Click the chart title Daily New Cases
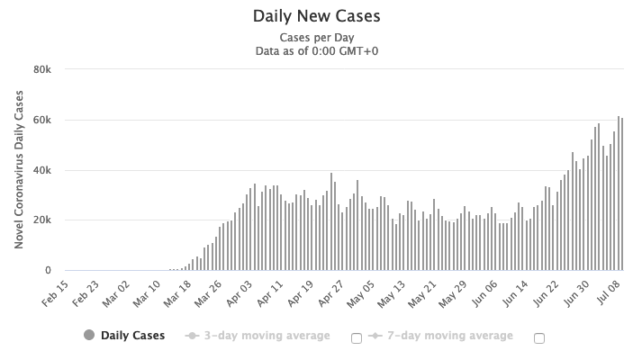point(317,16)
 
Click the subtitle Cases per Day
point(317,39)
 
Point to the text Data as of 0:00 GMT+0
point(317,51)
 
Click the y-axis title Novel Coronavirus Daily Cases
point(19,171)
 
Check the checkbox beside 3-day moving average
point(356,337)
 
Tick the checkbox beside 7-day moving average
point(539,337)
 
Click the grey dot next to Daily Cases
point(89,336)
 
